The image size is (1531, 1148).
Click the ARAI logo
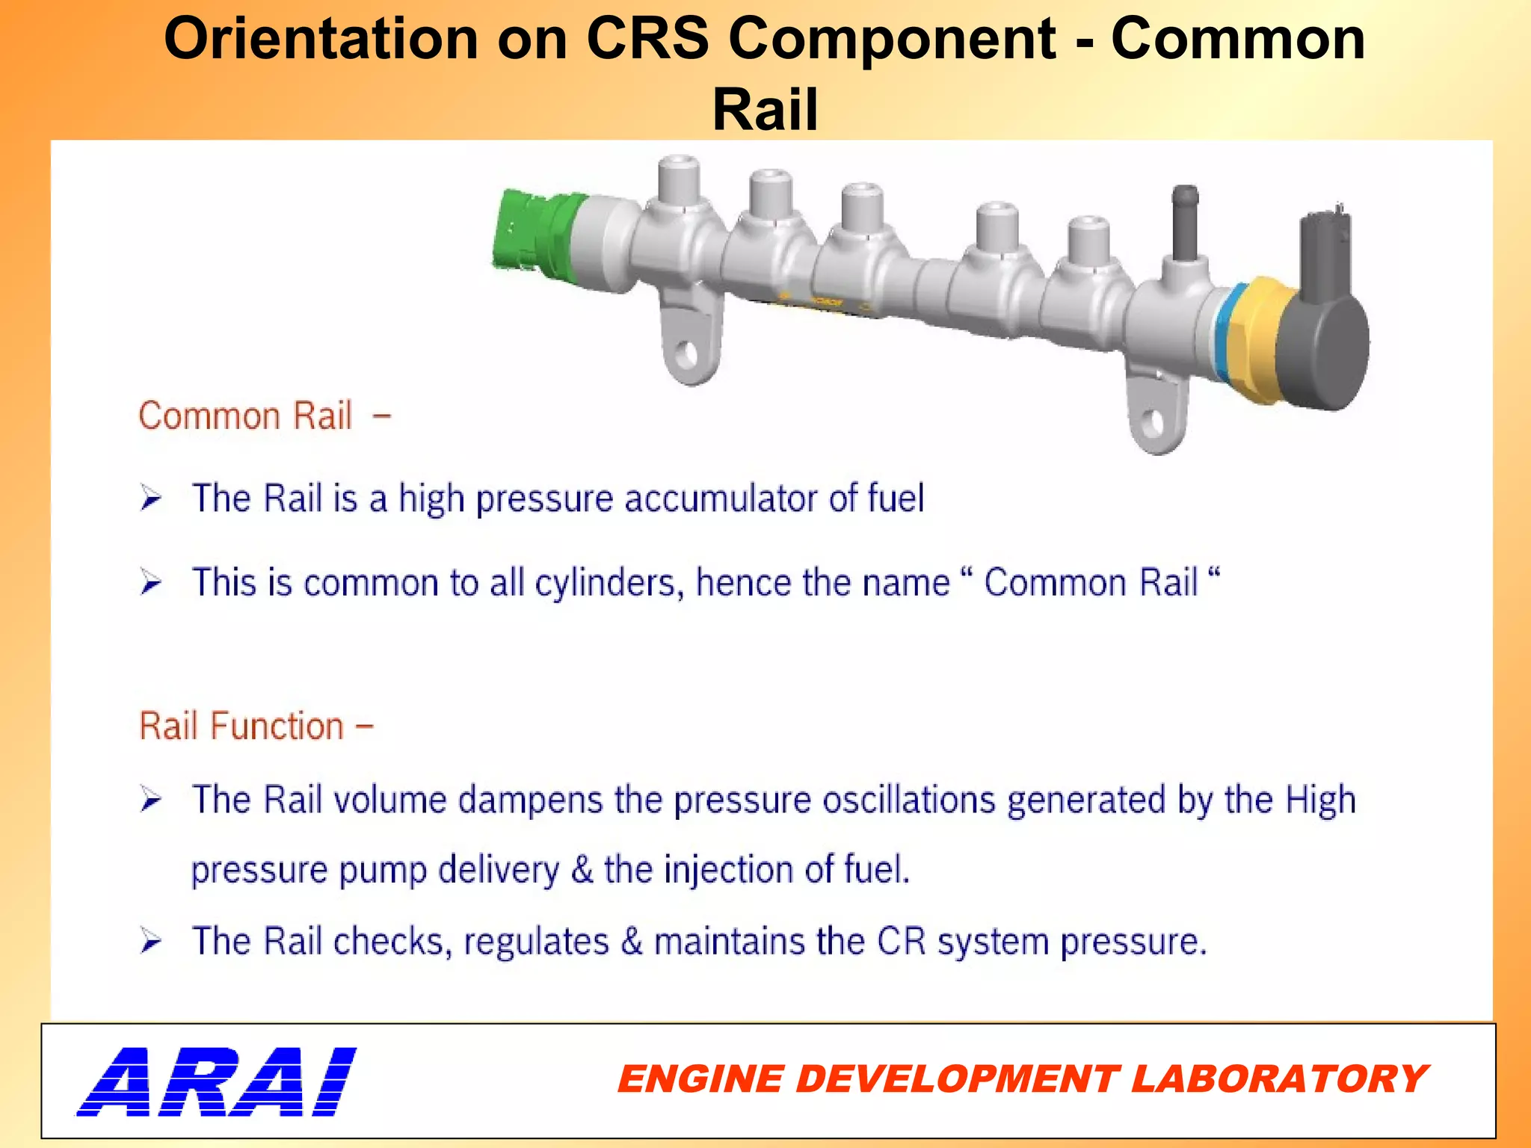point(217,1081)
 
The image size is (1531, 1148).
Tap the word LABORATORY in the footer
point(1278,1079)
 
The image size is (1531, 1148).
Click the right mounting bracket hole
point(1153,423)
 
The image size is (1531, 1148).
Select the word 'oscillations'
point(909,800)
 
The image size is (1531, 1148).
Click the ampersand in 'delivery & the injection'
point(582,870)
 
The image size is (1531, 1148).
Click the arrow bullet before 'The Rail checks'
point(150,942)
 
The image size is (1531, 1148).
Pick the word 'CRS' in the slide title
point(647,39)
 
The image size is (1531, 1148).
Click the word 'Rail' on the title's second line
point(765,109)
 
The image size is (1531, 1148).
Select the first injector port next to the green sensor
point(679,187)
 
